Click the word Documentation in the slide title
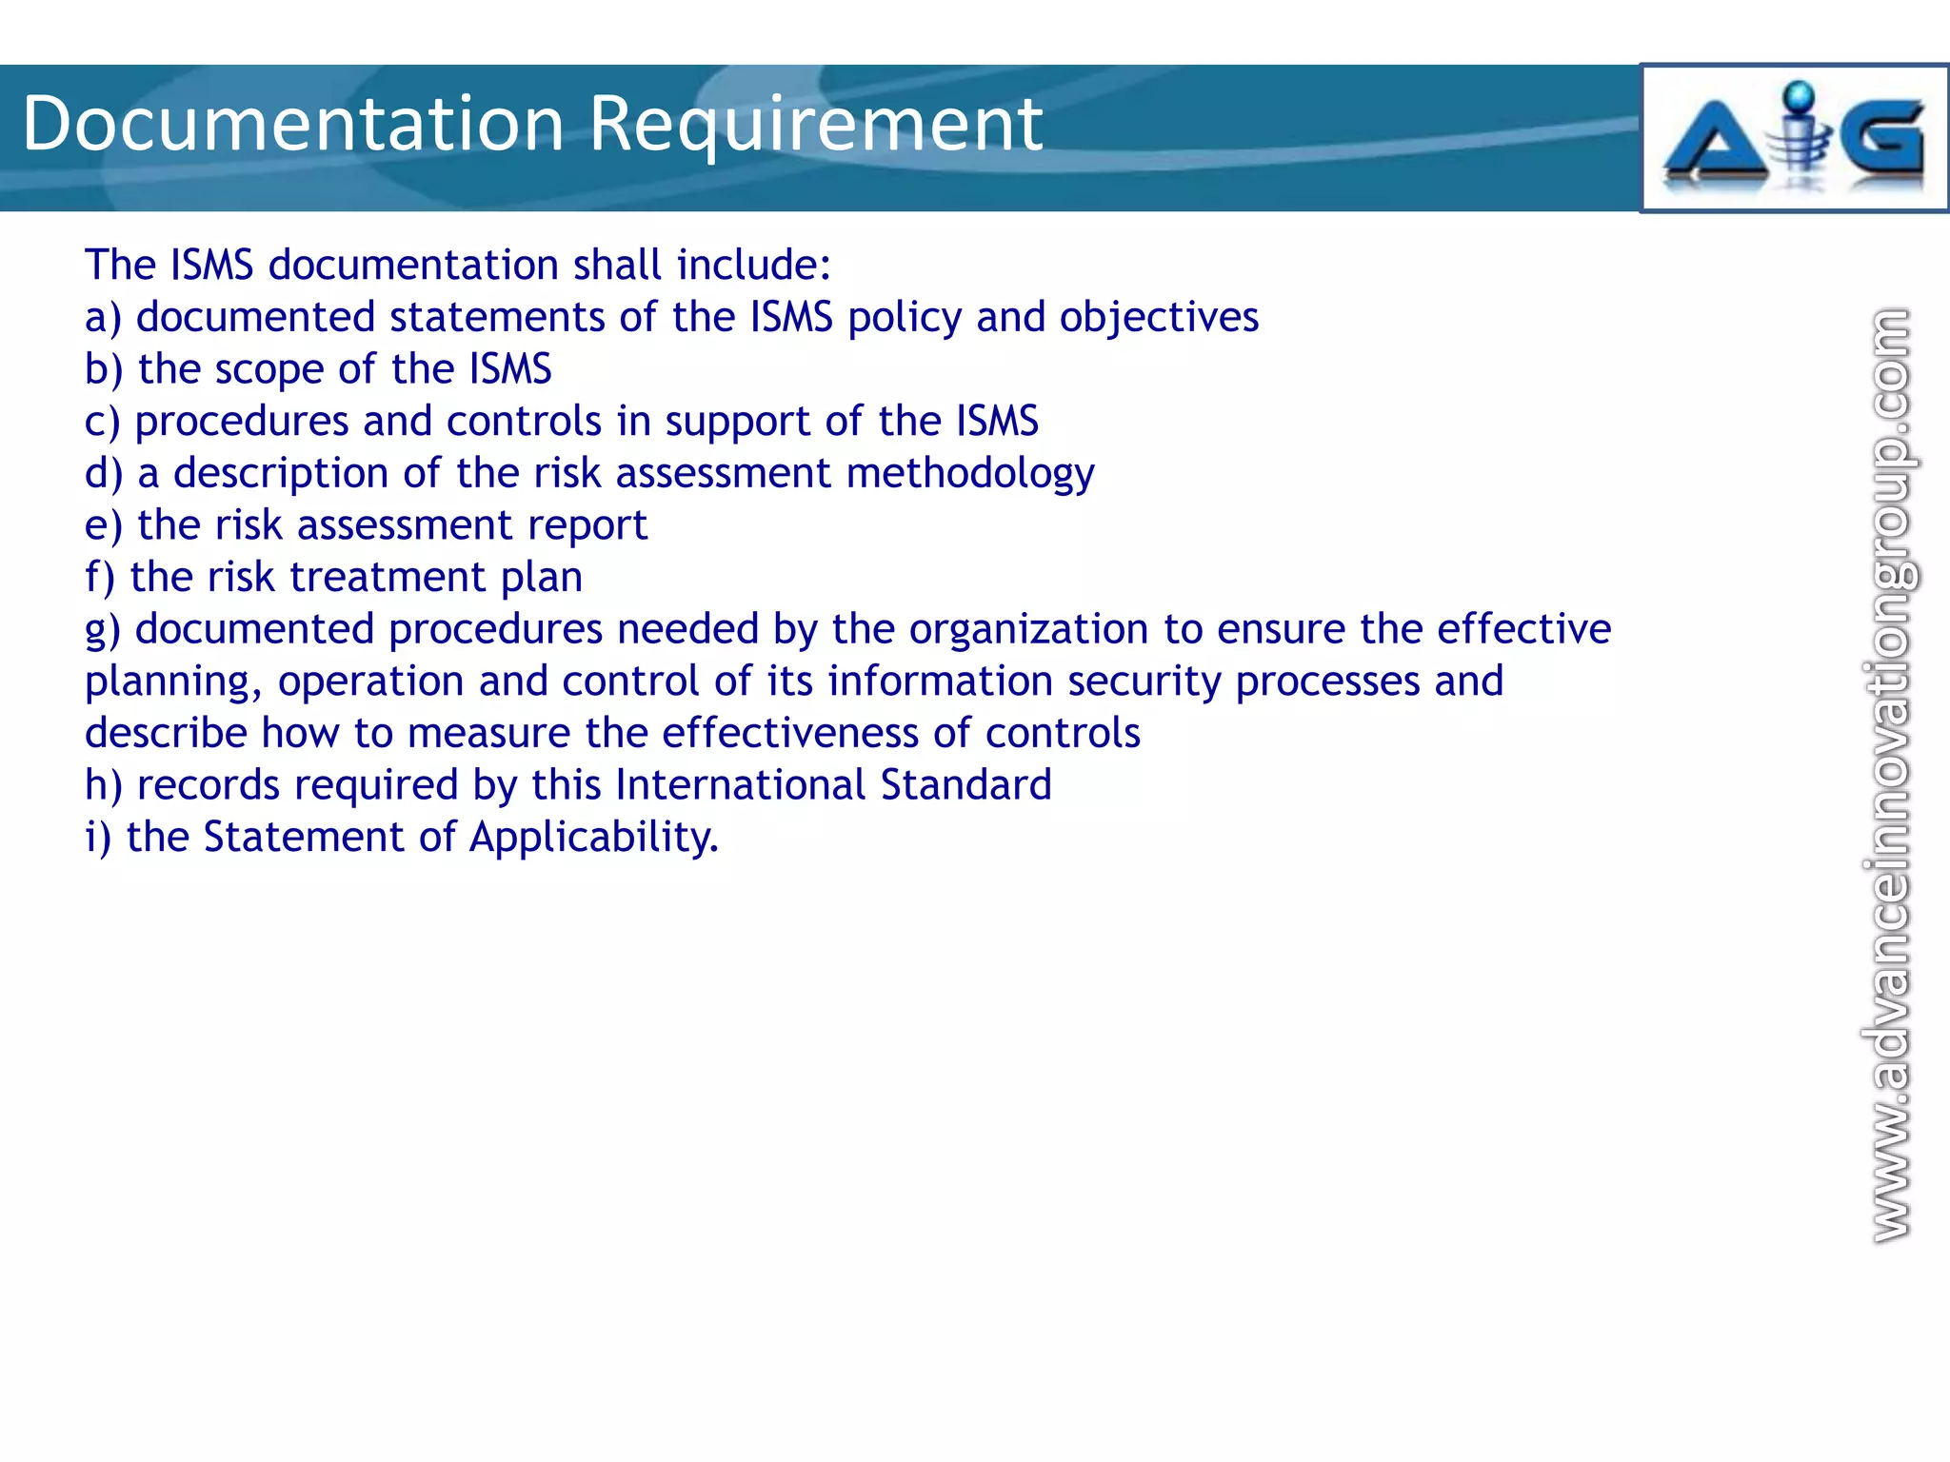pos(293,124)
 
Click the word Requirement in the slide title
pos(816,124)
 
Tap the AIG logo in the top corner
pos(1794,139)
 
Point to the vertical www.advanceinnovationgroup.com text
pos(1889,776)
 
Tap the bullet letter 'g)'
pos(103,630)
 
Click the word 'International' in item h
pos(741,785)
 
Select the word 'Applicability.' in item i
pos(593,838)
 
